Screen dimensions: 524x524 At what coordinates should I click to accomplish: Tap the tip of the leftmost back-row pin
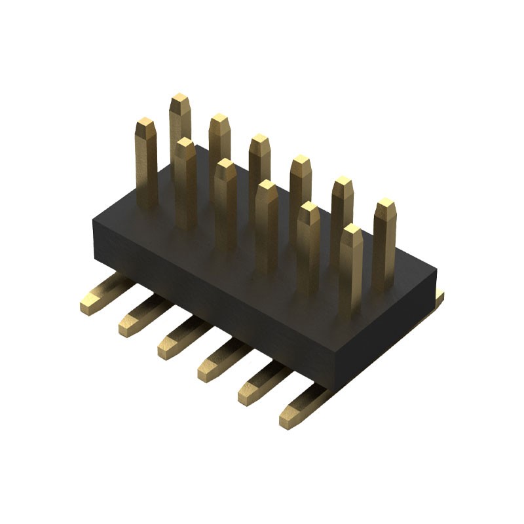click(x=179, y=100)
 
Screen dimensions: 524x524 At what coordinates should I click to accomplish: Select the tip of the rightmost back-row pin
click(x=386, y=204)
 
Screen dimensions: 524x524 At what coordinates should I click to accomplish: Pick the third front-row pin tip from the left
click(x=226, y=164)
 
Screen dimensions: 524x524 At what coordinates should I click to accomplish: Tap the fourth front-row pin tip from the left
click(x=267, y=186)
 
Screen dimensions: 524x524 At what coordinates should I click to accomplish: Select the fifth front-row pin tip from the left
click(x=309, y=208)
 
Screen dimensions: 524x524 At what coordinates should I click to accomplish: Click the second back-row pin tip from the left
click(x=219, y=120)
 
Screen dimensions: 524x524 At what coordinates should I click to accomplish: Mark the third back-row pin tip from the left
click(x=260, y=140)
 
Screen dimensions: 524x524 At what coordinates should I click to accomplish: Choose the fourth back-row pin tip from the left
click(x=301, y=161)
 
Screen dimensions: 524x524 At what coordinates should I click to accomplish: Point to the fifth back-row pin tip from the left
click(x=342, y=183)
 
